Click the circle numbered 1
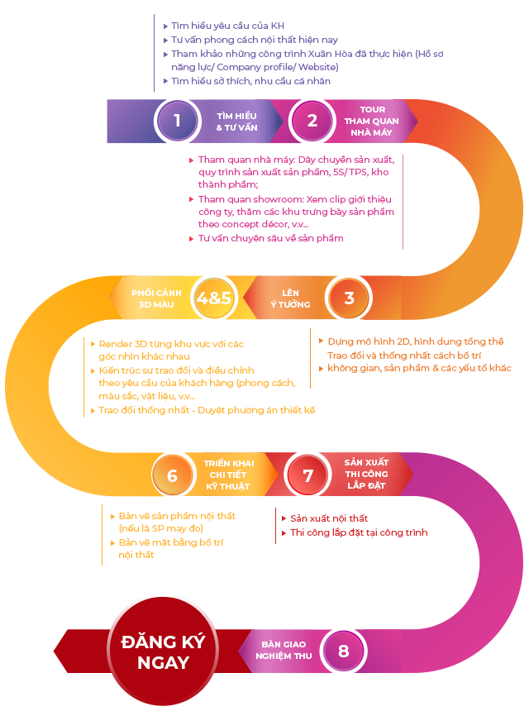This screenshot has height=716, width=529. (x=177, y=121)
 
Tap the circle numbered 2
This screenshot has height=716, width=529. (x=312, y=121)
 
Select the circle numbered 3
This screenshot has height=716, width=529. (x=349, y=298)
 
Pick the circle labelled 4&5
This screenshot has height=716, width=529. (x=214, y=298)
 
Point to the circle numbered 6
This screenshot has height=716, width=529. (x=172, y=476)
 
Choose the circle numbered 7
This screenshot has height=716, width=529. (x=307, y=476)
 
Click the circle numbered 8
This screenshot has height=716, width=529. (x=343, y=651)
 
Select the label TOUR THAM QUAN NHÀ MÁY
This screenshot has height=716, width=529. (x=372, y=121)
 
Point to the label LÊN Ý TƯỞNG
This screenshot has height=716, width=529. (x=289, y=298)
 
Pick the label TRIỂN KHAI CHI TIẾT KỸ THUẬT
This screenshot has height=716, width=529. (x=229, y=475)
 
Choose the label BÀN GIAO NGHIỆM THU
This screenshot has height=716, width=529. (x=284, y=651)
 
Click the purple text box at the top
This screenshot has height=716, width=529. (x=303, y=54)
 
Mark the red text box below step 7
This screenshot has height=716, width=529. (x=350, y=526)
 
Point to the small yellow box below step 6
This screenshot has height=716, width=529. (x=165, y=535)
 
